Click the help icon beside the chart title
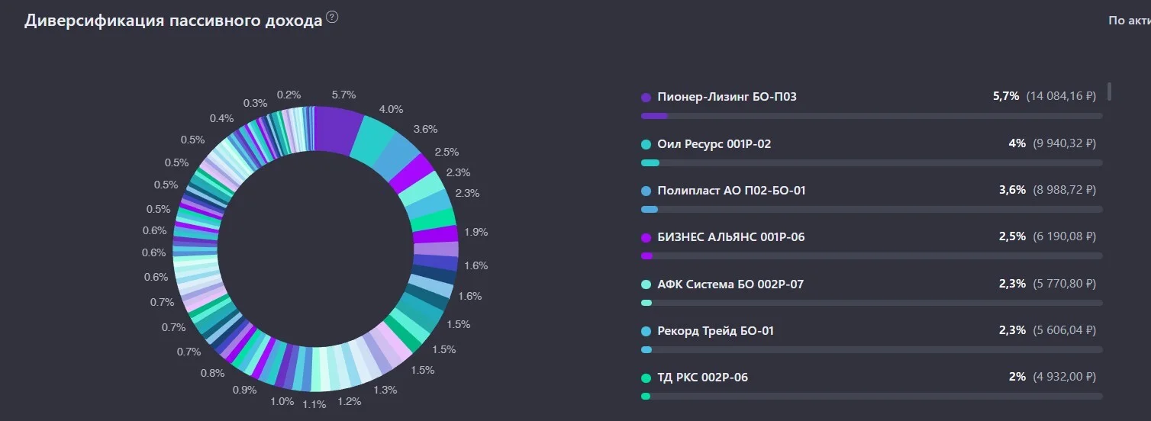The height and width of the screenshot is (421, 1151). point(333,18)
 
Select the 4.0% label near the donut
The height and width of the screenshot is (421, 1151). point(391,109)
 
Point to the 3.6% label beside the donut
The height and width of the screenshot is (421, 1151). point(425,130)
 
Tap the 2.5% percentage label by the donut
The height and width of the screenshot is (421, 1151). point(447,152)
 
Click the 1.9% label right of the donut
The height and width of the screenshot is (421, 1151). point(476,232)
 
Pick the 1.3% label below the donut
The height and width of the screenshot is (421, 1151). point(385,390)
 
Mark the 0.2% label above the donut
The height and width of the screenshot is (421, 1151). point(289,95)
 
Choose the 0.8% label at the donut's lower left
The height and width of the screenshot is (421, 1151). point(212,373)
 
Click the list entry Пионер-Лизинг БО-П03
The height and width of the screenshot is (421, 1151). point(727,97)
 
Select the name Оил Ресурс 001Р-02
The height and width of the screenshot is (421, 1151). point(714,143)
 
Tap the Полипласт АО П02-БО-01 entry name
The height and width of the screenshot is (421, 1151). point(732,191)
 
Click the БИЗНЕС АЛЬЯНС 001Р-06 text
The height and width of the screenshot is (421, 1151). point(731,237)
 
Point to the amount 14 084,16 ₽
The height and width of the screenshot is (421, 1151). point(1061,96)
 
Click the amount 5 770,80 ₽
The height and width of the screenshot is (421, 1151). point(1065,284)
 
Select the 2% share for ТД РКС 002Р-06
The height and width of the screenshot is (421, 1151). point(1017,377)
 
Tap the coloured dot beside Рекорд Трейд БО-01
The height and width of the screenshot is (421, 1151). point(646,332)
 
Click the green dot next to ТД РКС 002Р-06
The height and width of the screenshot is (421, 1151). point(646,378)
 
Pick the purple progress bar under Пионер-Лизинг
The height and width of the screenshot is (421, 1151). point(654,116)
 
